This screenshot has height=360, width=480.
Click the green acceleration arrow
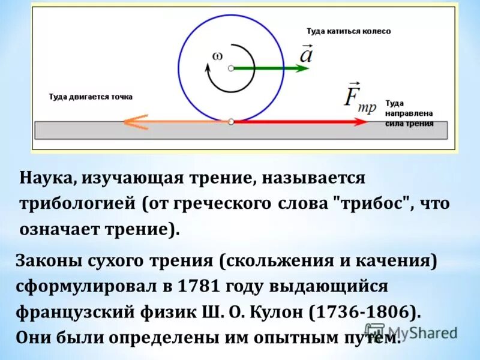click(x=270, y=68)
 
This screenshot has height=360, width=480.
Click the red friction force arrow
click(x=300, y=122)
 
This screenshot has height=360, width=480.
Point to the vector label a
click(x=305, y=56)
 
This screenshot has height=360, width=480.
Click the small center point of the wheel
click(x=231, y=68)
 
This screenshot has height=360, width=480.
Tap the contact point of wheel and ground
click(x=231, y=122)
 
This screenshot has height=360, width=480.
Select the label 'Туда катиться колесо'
click(x=349, y=31)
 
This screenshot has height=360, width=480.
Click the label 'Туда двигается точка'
click(x=91, y=97)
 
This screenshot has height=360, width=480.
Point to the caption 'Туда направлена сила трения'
click(x=414, y=112)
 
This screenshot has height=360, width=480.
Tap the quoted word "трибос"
click(x=371, y=203)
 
